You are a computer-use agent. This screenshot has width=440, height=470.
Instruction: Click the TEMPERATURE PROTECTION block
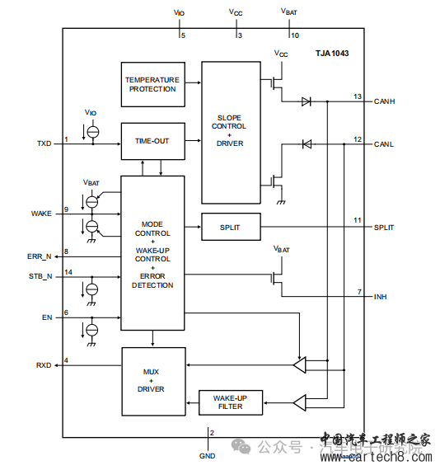(152, 84)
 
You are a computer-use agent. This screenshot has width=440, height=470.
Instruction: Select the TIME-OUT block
(152, 141)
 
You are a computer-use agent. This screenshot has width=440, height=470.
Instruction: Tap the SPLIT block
(230, 227)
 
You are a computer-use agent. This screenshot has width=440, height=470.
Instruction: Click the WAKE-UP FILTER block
(230, 402)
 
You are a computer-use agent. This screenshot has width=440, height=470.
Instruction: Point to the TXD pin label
(44, 143)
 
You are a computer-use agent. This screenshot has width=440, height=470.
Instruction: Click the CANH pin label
(384, 101)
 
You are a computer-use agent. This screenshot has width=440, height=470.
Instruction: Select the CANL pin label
(383, 144)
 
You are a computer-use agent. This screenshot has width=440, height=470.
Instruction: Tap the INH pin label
(381, 296)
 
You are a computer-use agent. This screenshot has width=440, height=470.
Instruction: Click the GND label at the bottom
(207, 455)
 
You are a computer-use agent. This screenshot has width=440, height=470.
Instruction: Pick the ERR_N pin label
(40, 256)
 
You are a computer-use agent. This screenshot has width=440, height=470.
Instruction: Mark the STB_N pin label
(40, 276)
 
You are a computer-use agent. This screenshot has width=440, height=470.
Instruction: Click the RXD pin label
(44, 364)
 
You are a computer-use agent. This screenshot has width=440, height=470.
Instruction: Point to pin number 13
(358, 96)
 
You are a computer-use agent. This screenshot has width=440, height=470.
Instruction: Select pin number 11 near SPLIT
(358, 221)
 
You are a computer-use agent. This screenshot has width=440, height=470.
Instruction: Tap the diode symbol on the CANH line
(306, 101)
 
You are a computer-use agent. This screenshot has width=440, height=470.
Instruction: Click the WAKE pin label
(41, 214)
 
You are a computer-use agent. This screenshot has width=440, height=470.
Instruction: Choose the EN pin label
(47, 317)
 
